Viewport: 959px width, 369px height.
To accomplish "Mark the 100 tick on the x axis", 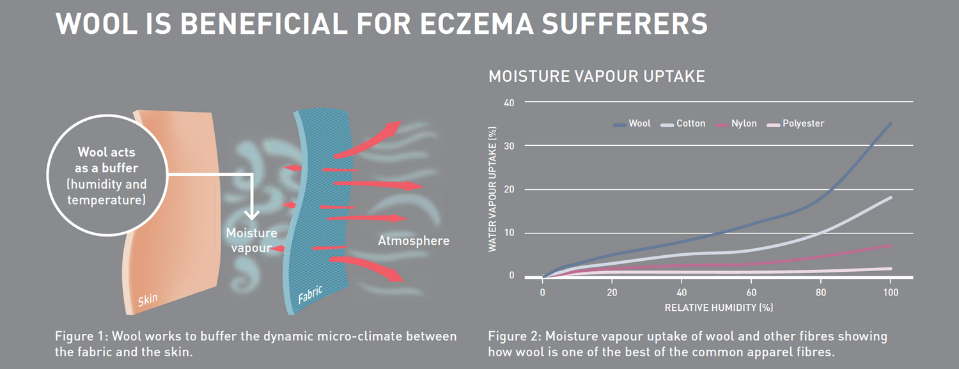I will tap(891, 292).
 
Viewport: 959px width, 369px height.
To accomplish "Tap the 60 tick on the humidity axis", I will tap(751, 292).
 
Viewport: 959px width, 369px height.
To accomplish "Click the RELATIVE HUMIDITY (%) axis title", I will tap(719, 308).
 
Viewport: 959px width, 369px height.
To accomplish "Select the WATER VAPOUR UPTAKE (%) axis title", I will tap(493, 190).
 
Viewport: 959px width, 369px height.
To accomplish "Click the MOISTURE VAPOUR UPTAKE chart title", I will tap(596, 77).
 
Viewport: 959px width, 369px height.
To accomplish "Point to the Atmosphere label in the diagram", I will tap(414, 241).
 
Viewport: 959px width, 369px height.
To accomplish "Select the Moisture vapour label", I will tap(251, 240).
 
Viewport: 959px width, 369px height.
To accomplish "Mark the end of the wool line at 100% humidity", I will tap(891, 123).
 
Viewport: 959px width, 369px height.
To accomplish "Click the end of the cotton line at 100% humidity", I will tap(891, 198).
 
